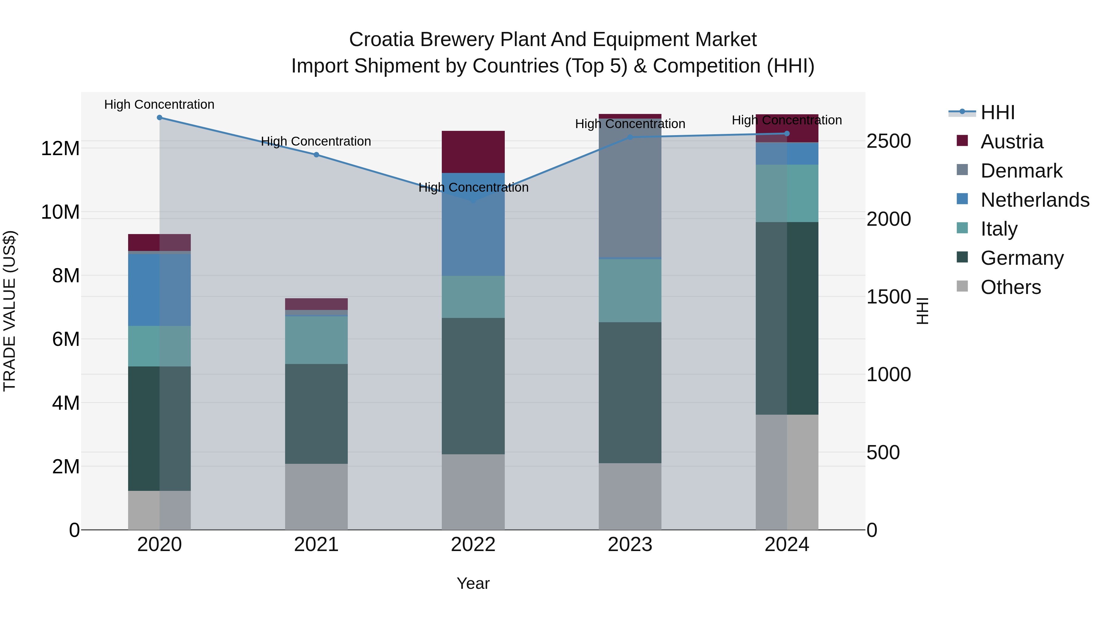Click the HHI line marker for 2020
[159, 118]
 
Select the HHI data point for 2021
[316, 155]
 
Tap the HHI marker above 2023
[630, 137]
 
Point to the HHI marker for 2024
[787, 134]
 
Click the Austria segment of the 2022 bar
[473, 151]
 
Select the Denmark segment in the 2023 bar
[630, 189]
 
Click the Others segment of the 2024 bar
[787, 472]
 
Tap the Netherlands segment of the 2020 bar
[159, 290]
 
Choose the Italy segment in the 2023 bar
[630, 291]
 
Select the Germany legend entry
[1022, 258]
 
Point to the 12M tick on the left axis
[60, 149]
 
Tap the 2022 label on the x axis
[473, 545]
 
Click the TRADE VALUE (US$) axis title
[10, 311]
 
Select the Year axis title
[473, 583]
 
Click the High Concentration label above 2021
[316, 141]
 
